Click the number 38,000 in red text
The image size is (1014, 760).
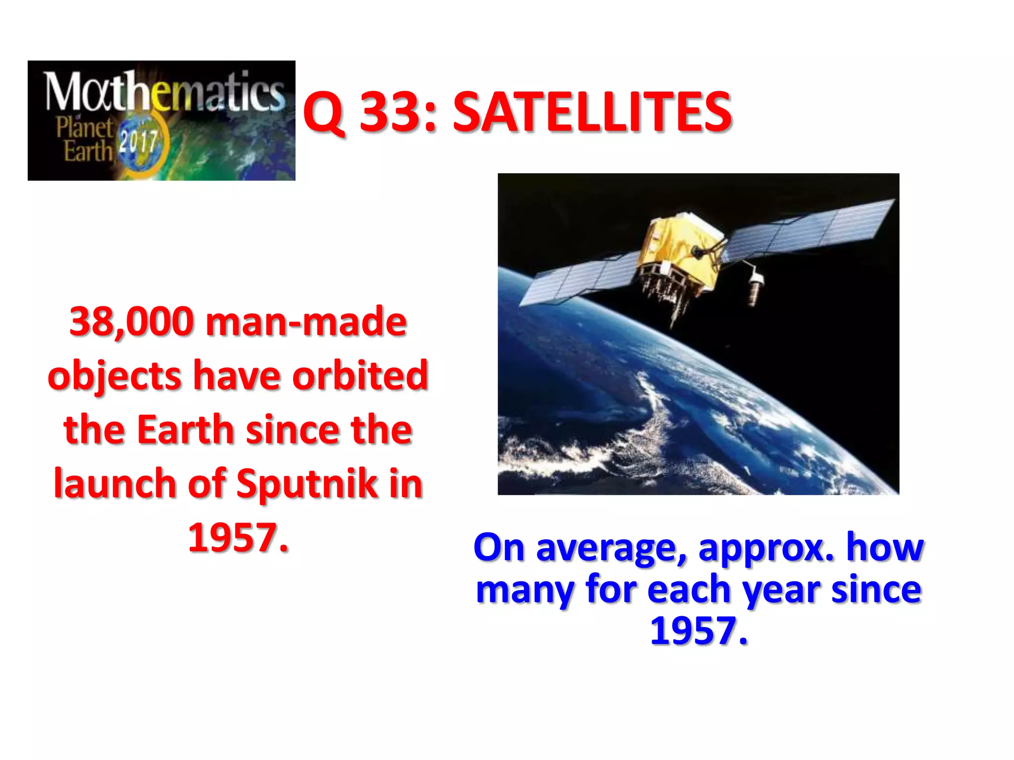(132, 323)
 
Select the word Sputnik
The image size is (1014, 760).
(307, 483)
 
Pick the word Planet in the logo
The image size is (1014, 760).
(84, 128)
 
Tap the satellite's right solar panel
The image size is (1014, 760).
(812, 225)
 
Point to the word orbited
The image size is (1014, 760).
(360, 376)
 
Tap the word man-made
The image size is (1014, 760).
(306, 323)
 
